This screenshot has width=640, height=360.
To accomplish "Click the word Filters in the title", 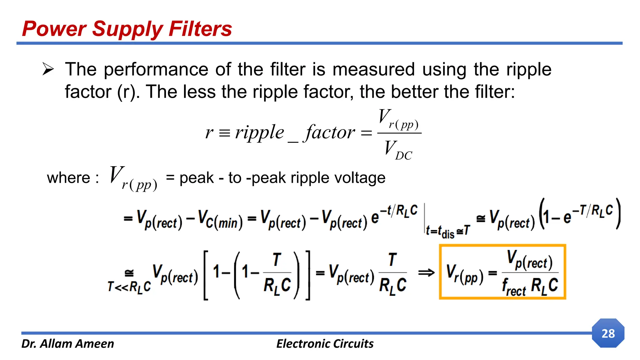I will tap(200, 29).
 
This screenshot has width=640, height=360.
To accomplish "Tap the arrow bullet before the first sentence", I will tap(48, 69).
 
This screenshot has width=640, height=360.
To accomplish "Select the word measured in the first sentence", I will tap(373, 69).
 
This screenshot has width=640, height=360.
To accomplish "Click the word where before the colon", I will tap(68, 178).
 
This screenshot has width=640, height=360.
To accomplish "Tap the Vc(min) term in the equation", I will tap(220, 219).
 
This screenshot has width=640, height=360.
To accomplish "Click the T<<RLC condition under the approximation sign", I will tap(129, 286).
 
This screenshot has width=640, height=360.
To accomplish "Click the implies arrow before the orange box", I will tap(426, 273).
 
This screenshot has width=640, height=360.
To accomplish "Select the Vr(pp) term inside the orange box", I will tap(464, 274).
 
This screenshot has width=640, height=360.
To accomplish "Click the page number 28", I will tap(608, 333).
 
